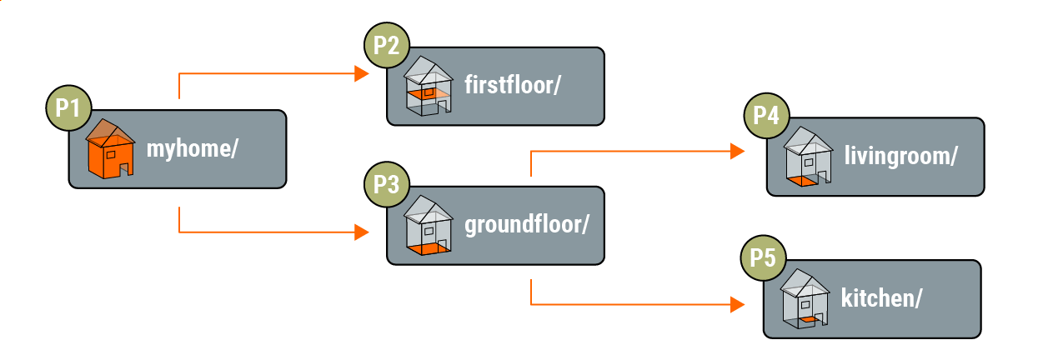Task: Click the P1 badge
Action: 68,108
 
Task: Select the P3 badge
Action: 386,185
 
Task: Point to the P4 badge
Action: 765,116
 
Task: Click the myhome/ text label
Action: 193,150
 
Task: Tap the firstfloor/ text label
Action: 511,86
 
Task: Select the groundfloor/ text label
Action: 527,224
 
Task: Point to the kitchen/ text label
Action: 881,297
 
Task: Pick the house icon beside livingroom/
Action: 807,156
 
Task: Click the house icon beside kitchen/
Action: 805,297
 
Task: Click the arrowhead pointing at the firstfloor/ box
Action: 361,74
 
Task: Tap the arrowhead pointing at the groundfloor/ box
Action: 361,232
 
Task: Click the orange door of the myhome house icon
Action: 126,167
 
